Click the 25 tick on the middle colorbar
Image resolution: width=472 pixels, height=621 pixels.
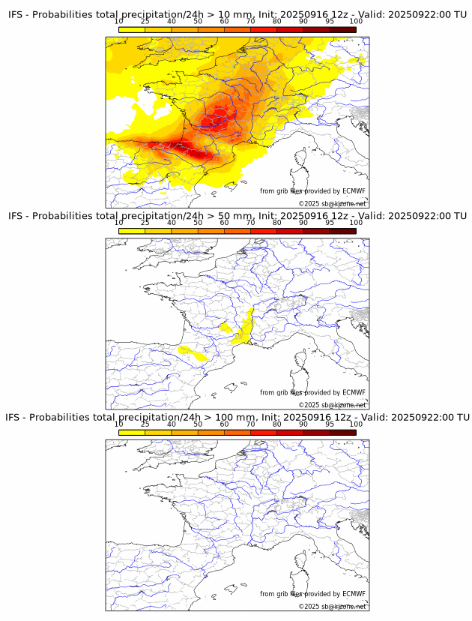145,223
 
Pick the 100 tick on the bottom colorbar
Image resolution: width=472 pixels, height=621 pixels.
356,424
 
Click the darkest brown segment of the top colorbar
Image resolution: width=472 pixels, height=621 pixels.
342,29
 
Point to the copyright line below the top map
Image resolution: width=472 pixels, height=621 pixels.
333,203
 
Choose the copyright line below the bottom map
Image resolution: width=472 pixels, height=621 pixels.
333,606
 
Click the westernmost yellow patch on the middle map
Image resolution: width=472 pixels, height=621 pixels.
192,352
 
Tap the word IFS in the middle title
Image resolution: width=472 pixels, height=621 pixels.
17,216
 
